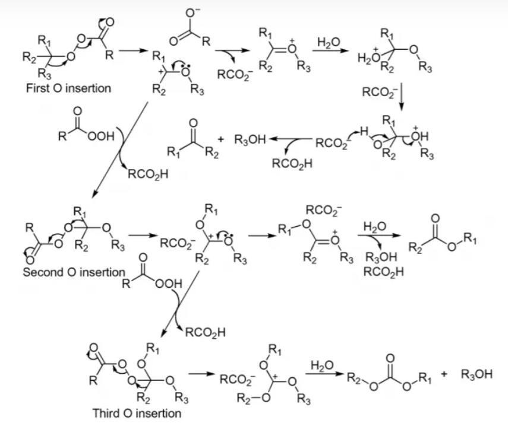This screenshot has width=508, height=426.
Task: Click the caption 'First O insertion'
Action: (68, 88)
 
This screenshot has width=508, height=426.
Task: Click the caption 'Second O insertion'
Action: (74, 272)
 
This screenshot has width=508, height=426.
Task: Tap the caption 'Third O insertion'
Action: (137, 413)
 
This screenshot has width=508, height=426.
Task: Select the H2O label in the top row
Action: (329, 42)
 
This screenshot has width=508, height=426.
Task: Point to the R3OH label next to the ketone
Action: (250, 140)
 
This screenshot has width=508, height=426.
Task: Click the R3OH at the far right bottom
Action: (477, 374)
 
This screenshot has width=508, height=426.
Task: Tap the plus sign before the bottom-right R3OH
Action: (444, 374)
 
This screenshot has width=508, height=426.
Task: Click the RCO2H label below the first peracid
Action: (149, 174)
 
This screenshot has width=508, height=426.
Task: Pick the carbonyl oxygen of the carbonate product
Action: (390, 358)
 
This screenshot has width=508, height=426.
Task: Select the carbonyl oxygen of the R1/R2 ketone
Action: (193, 123)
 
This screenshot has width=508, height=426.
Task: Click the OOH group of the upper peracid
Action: (101, 136)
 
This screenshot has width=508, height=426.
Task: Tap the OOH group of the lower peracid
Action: (169, 284)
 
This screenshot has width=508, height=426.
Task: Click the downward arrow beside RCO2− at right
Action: (402, 97)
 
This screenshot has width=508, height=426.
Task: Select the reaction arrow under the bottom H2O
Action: (324, 374)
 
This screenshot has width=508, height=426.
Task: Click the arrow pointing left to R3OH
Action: (291, 139)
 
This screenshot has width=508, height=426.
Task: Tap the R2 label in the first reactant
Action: (29, 57)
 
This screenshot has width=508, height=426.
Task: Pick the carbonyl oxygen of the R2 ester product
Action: (436, 218)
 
